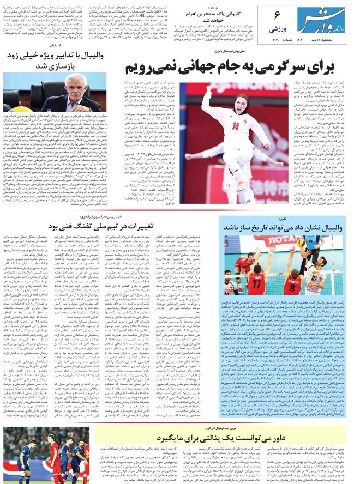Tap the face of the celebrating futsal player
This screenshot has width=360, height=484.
point(231,103)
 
